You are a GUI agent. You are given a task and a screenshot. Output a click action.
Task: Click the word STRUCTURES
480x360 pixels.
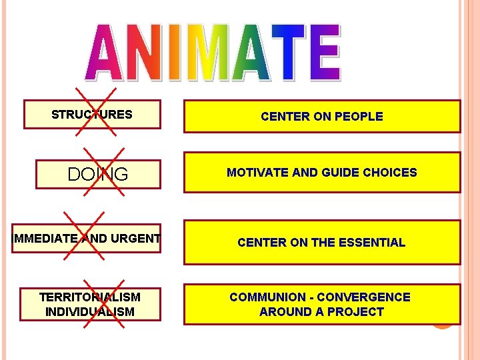(x=92, y=115)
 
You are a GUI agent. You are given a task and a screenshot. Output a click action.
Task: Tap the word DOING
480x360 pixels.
(x=98, y=175)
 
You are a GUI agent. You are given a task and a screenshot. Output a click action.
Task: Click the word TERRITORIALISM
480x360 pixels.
(x=90, y=297)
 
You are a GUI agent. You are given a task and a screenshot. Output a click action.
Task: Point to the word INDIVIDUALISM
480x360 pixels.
(x=90, y=312)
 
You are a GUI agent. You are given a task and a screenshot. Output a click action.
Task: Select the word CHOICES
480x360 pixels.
(x=390, y=173)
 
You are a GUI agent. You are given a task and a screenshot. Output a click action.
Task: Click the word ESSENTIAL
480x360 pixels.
(x=372, y=243)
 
